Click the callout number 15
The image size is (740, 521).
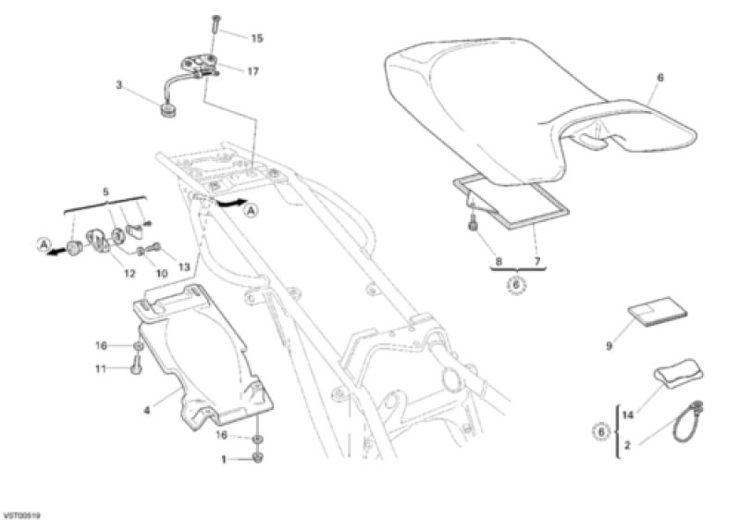(257, 38)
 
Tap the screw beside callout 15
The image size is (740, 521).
(216, 22)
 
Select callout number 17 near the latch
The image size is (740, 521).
(253, 71)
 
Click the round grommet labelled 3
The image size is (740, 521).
(166, 111)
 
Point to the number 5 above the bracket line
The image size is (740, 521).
(105, 192)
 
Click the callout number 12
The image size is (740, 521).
(129, 274)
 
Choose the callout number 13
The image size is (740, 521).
(183, 267)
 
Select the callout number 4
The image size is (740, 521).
(147, 411)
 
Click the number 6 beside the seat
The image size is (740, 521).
(660, 78)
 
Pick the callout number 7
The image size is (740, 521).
(536, 261)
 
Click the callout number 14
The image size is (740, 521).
(628, 416)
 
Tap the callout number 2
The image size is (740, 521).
(627, 445)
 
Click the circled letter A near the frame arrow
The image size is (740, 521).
(251, 211)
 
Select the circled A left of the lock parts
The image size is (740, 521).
(43, 244)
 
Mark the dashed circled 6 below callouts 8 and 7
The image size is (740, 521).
(516, 285)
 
